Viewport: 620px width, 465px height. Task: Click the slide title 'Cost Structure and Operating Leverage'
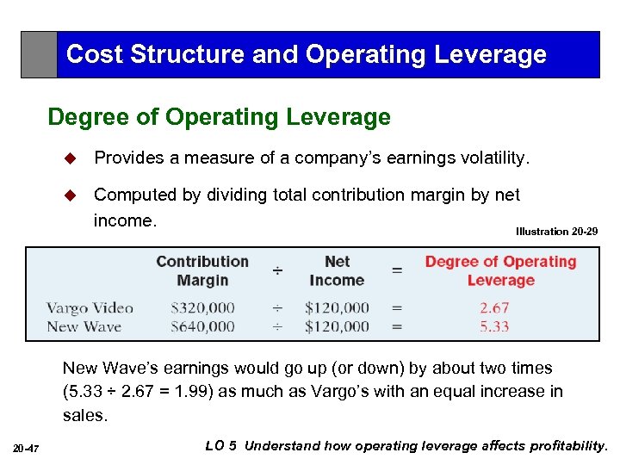point(306,54)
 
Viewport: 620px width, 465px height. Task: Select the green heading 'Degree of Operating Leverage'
point(219,116)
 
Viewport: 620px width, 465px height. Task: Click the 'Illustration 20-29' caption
point(556,232)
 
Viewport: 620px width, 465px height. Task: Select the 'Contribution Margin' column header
point(201,270)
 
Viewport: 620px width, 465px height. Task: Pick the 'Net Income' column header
point(337,270)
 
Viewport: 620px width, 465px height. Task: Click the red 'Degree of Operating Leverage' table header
point(500,270)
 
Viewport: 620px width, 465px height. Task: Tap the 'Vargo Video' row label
point(90,308)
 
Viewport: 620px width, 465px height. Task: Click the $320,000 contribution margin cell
point(202,308)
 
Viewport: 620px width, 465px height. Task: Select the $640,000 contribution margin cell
point(202,326)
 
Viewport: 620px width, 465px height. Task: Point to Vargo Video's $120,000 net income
point(337,308)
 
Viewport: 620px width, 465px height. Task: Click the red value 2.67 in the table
point(494,308)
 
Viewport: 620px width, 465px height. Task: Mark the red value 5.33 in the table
point(494,326)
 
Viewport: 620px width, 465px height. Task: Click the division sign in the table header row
point(277,270)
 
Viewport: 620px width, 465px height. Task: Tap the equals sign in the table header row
point(396,270)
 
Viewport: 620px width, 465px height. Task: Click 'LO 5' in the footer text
point(221,445)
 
